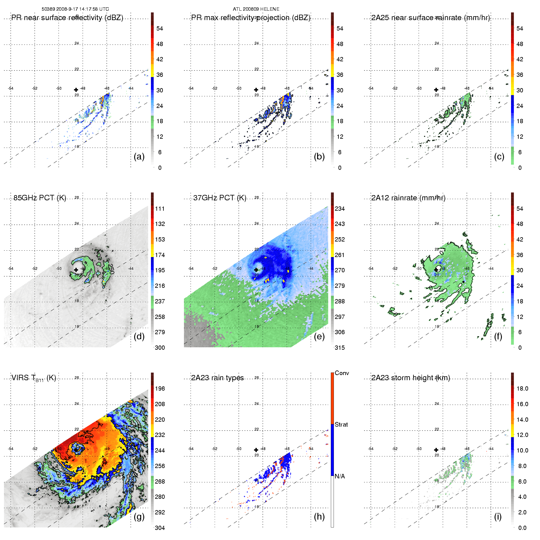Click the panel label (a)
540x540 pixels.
click(x=139, y=157)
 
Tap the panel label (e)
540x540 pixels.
click(x=319, y=336)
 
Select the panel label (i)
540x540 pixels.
click(x=498, y=517)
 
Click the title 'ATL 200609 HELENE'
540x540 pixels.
click(x=256, y=9)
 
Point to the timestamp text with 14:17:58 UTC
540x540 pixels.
click(x=75, y=9)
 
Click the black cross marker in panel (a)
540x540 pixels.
click(x=76, y=90)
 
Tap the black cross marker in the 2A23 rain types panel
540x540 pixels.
click(x=256, y=450)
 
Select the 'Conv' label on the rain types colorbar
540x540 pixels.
click(x=342, y=373)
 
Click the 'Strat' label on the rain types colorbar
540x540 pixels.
click(x=341, y=424)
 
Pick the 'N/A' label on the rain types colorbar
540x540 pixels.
click(x=340, y=476)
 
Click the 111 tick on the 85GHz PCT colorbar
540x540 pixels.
click(x=160, y=209)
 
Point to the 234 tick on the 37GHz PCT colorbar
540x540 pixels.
click(x=340, y=209)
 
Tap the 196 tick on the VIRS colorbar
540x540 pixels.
click(x=160, y=388)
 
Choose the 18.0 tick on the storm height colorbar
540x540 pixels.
click(x=522, y=388)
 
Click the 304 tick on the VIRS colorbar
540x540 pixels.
click(x=160, y=528)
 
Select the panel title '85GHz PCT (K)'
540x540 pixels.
click(x=40, y=198)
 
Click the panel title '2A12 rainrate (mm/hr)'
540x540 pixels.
click(x=408, y=198)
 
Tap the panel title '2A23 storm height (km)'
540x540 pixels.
click(x=410, y=378)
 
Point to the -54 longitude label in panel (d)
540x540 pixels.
click(x=11, y=269)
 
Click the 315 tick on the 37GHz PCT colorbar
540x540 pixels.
click(x=340, y=348)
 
